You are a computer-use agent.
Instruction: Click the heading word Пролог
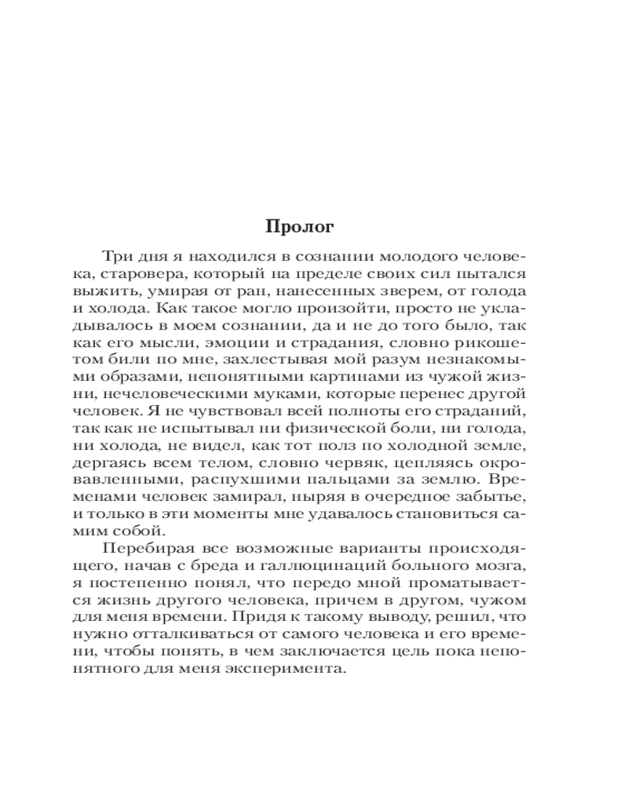click(300, 227)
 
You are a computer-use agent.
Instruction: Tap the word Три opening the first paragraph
click(115, 257)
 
